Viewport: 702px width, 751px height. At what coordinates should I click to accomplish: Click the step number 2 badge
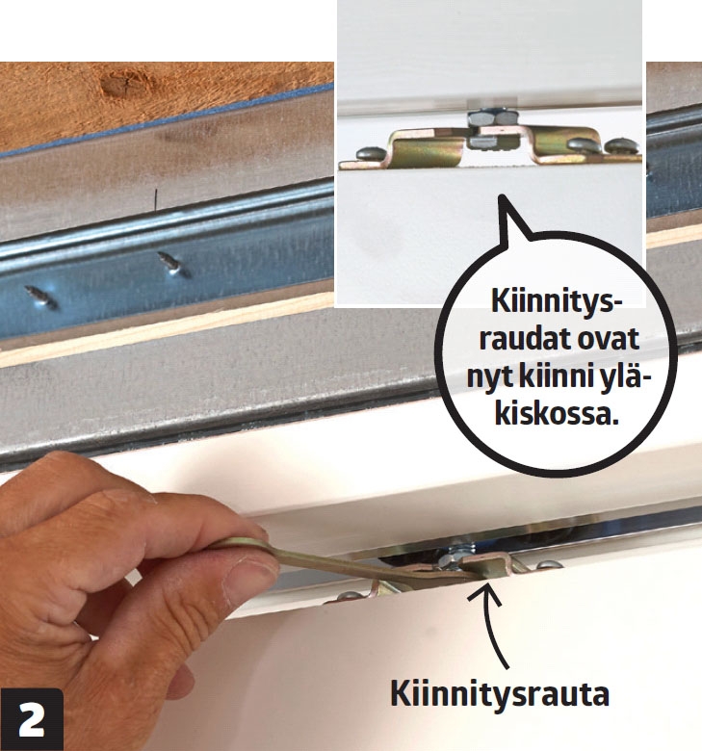[31, 718]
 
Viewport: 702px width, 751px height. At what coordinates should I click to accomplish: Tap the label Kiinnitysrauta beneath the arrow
[500, 694]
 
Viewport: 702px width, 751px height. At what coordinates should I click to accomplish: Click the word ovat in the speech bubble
[610, 340]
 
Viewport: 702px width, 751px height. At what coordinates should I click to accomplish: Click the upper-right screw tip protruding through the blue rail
[173, 264]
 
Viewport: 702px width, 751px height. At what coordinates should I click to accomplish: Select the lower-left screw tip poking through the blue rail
[42, 297]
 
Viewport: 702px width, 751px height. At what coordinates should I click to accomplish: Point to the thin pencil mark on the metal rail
[156, 200]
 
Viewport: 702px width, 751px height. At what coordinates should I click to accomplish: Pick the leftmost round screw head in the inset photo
[370, 153]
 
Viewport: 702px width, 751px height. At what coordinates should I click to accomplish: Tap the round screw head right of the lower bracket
[550, 565]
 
